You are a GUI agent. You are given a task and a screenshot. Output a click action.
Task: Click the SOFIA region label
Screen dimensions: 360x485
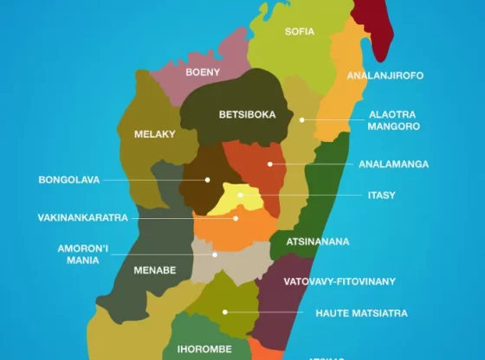point(300,32)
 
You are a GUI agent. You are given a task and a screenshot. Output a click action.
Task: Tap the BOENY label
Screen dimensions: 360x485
point(203,73)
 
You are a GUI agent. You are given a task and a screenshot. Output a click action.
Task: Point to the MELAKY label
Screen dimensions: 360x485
point(155,134)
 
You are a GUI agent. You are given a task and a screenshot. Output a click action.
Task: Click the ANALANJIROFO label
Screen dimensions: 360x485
point(385,76)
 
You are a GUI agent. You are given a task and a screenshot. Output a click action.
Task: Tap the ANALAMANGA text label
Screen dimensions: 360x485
point(393,164)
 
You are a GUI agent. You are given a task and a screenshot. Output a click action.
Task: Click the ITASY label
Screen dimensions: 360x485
point(381,196)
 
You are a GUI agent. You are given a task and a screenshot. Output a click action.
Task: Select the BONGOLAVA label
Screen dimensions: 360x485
point(69,180)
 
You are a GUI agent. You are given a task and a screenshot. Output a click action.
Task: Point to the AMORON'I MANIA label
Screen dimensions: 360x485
point(82,254)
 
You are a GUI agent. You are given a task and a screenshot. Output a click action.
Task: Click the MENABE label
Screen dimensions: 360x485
point(155,270)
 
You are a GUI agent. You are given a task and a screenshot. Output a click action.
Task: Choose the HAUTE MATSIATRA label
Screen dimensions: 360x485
point(361,312)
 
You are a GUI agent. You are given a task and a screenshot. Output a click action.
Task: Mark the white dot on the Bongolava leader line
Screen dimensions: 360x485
point(208,180)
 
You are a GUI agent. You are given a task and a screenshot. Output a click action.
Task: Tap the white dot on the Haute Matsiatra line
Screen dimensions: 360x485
point(224,312)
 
